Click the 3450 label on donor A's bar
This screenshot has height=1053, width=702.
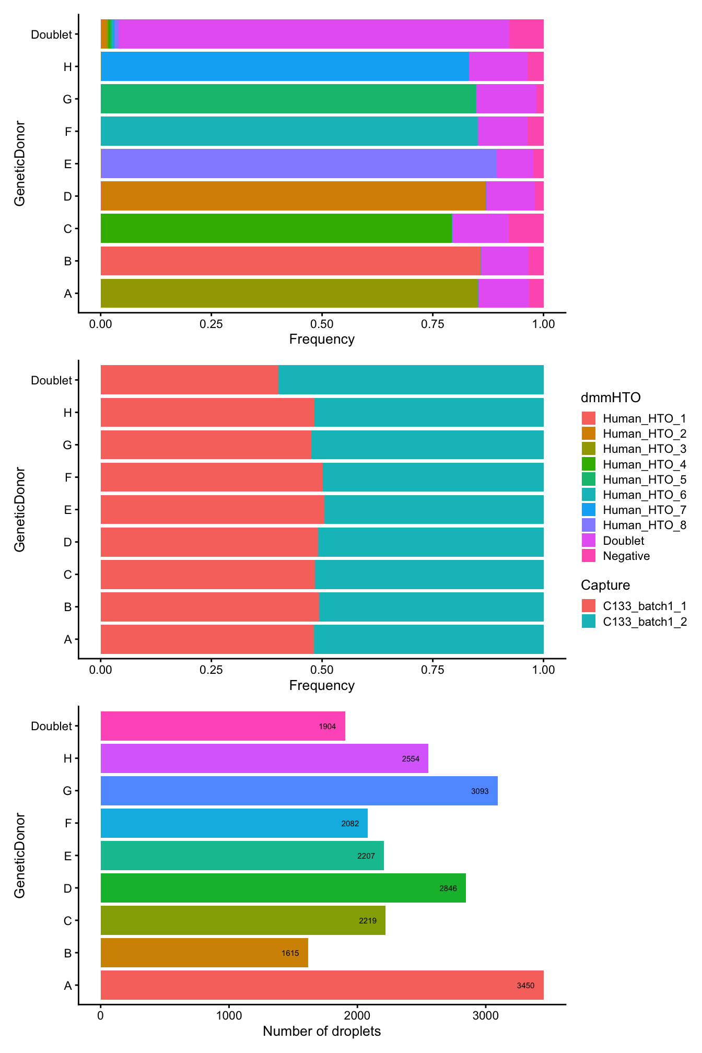tap(525, 986)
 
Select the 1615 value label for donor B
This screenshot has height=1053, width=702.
tap(290, 953)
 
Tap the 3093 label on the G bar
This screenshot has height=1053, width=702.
tap(479, 791)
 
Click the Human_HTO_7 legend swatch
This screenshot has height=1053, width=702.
tap(589, 510)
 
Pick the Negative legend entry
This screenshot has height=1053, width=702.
tap(626, 556)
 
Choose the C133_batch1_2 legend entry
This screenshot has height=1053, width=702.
tap(644, 622)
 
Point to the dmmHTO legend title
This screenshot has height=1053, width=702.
tap(610, 397)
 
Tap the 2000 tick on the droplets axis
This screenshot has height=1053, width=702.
tap(357, 1016)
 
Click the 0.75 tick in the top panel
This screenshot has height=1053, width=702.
tap(432, 324)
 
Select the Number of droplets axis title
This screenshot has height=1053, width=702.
tap(322, 1031)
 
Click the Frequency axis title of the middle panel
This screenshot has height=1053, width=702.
tap(322, 685)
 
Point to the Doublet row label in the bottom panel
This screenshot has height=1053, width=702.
tap(51, 726)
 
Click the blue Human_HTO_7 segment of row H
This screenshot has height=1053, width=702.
tap(284, 66)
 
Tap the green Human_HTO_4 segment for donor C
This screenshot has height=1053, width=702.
tap(276, 228)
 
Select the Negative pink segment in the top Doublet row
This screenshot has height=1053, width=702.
tap(526, 34)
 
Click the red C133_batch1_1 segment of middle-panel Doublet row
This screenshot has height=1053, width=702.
tap(189, 380)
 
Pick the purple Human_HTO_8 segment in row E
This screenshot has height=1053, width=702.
tap(298, 163)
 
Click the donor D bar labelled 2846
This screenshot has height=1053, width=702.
tap(283, 888)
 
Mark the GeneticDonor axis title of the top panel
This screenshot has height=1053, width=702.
tap(19, 163)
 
